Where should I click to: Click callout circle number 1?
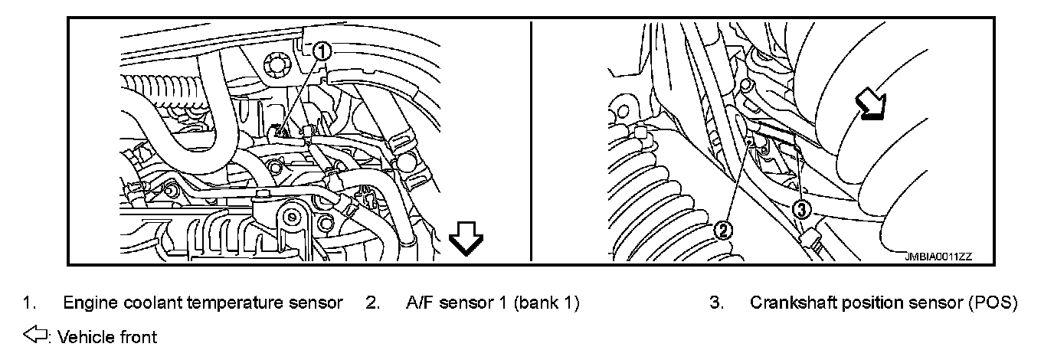[x=322, y=51]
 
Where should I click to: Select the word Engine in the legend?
[x=88, y=303]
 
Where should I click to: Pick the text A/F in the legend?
[x=420, y=303]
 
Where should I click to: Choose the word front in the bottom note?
[x=139, y=336]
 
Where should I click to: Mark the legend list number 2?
[x=372, y=303]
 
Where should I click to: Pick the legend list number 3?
[x=716, y=303]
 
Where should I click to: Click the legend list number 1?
[x=28, y=303]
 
